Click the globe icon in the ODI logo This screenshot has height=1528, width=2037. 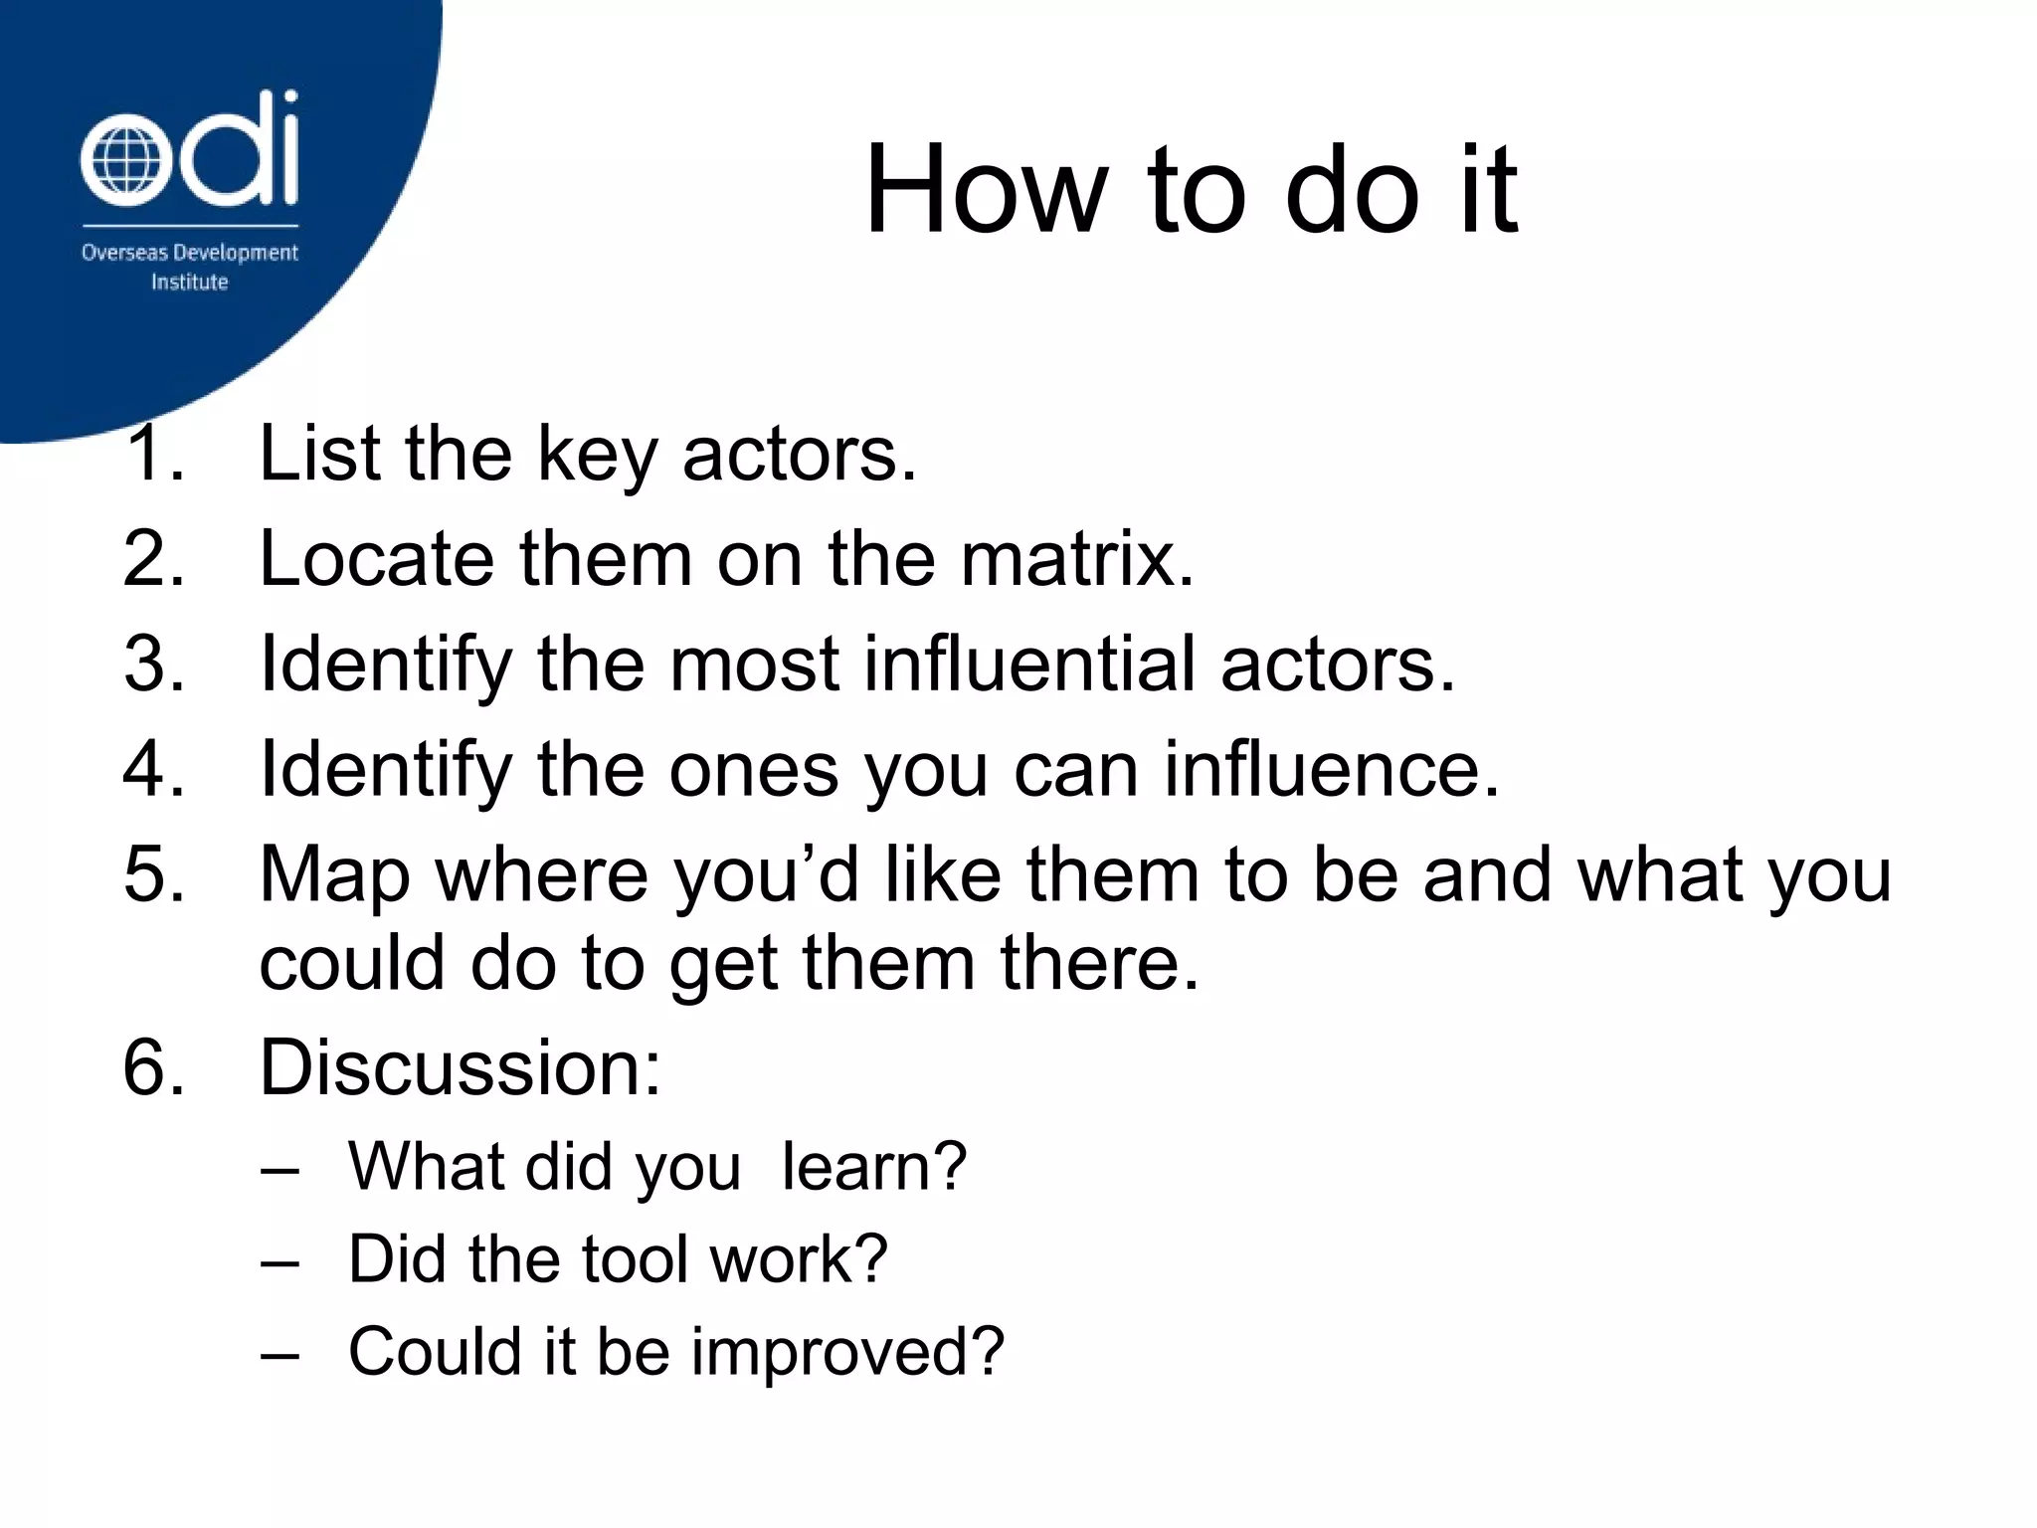(120, 163)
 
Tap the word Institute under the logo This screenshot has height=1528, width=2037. (189, 283)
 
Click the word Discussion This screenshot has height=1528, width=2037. (460, 1068)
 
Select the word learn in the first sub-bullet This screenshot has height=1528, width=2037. (872, 1167)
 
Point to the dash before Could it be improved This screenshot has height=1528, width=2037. (279, 1354)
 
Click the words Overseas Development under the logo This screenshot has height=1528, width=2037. (189, 253)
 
